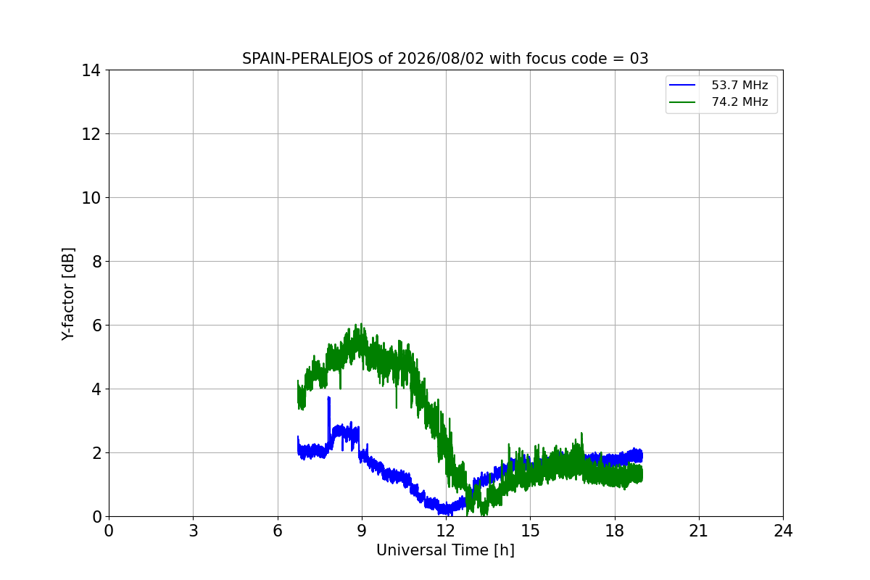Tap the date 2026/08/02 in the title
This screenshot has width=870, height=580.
tap(441, 59)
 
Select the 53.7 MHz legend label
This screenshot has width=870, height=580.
tap(739, 85)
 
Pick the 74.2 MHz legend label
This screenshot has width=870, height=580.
tap(739, 101)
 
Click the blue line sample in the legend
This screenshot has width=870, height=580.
tap(682, 85)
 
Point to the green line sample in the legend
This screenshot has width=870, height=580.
tap(682, 102)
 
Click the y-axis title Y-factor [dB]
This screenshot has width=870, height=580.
tap(68, 294)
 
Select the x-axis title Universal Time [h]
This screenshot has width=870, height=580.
tap(445, 550)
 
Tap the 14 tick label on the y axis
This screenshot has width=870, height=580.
tap(91, 71)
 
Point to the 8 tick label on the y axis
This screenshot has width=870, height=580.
tap(96, 262)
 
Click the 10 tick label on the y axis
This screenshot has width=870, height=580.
tap(91, 198)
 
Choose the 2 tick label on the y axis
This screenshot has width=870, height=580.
tap(96, 453)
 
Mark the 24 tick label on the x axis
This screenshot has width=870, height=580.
tap(783, 531)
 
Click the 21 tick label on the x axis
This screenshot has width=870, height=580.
tap(699, 531)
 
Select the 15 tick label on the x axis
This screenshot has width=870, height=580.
tap(530, 531)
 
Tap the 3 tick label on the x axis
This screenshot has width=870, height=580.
tap(194, 531)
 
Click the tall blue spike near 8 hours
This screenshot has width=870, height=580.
tap(329, 398)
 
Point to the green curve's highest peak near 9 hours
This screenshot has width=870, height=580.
tap(361, 324)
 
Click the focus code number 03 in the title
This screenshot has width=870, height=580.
tap(639, 59)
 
